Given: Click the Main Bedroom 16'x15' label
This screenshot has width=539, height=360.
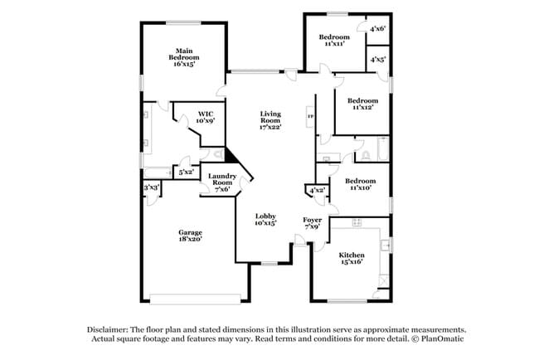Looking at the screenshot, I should click(183, 57).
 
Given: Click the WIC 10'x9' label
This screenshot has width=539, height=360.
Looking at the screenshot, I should click(206, 117).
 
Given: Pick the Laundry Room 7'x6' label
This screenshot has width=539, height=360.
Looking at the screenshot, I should click(221, 180).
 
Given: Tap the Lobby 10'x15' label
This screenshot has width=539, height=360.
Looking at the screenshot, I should click(265, 220).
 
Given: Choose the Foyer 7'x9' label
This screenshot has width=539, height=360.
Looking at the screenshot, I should click(313, 223).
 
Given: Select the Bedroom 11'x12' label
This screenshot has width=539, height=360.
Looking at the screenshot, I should click(362, 104).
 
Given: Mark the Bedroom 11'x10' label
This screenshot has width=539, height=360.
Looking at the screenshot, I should click(360, 184).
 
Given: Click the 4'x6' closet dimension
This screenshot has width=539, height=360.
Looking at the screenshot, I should click(376, 28).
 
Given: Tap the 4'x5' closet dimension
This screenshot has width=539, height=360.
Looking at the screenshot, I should click(376, 59).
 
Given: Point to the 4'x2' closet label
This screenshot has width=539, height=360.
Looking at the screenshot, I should click(316, 191).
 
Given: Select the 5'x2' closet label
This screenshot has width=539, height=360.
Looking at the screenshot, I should click(186, 172).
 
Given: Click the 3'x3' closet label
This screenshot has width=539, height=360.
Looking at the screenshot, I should click(151, 188).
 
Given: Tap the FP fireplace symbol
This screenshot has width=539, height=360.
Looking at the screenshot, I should click(311, 116).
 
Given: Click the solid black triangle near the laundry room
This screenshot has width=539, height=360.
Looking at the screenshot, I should click(232, 158).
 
